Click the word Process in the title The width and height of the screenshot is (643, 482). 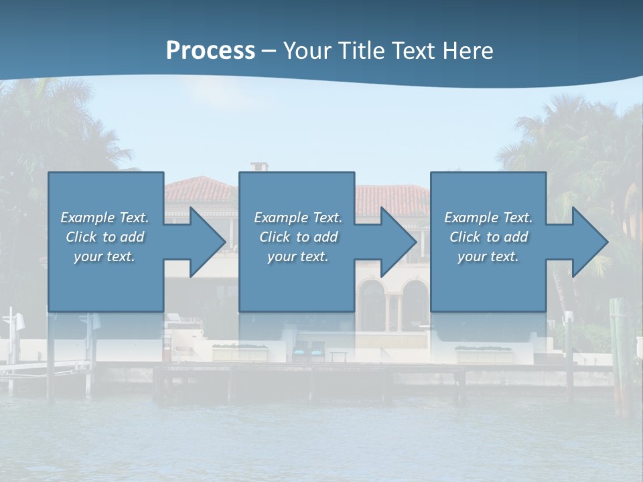click(x=210, y=51)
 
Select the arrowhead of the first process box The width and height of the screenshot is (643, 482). click(x=208, y=242)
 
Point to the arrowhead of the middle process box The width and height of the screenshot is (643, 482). click(x=399, y=242)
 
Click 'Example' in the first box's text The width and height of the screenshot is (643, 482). click(x=87, y=218)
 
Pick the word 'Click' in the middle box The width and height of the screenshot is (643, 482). click(x=275, y=237)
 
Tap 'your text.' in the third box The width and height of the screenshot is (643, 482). click(x=488, y=256)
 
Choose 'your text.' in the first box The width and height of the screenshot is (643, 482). click(x=104, y=256)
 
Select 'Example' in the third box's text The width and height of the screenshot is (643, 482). click(x=471, y=218)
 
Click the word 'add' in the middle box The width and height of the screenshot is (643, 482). click(x=326, y=237)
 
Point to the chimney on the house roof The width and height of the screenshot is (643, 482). click(x=259, y=166)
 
